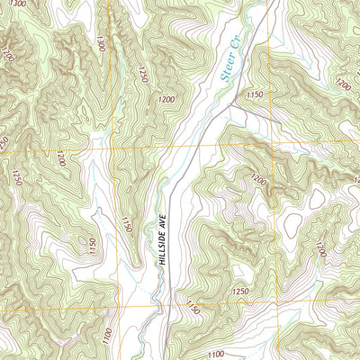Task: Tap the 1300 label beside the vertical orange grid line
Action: click(x=100, y=43)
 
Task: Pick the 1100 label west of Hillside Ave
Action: click(x=107, y=335)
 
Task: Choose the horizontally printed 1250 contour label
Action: click(x=239, y=292)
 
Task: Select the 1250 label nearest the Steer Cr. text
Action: click(x=142, y=73)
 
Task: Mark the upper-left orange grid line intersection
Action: click(x=112, y=149)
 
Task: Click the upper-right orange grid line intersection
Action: click(x=274, y=144)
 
